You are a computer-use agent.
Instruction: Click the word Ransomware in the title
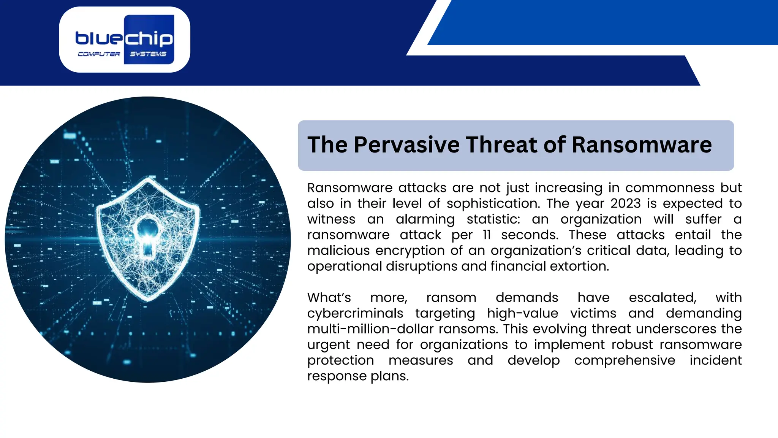[x=641, y=145]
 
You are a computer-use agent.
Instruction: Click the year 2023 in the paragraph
[x=625, y=203]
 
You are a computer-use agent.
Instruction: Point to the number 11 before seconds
[x=487, y=235]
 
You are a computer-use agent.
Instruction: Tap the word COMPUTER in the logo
[x=99, y=54]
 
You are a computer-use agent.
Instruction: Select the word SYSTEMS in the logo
[x=148, y=54]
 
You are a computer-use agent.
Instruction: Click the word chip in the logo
[x=149, y=39]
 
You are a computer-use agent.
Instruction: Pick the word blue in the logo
[x=99, y=38]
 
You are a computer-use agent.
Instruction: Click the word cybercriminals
[x=355, y=313]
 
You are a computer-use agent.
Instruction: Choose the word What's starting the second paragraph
[x=329, y=298]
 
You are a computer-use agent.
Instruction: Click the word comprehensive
[x=625, y=360]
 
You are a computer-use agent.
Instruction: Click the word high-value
[x=523, y=313]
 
